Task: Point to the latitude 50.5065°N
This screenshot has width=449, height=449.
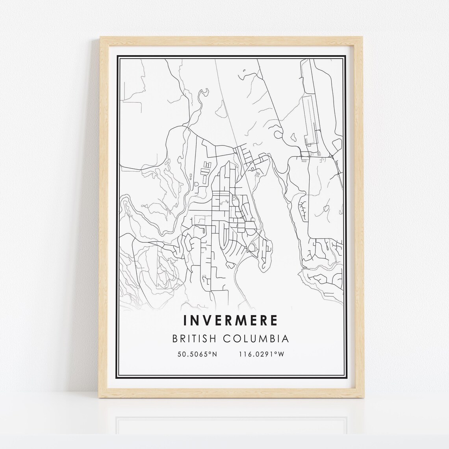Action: tap(197, 354)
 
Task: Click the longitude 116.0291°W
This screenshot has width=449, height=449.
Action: tap(262, 354)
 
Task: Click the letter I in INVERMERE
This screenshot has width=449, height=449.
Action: tap(185, 320)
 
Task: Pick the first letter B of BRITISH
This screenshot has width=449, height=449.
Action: tap(175, 339)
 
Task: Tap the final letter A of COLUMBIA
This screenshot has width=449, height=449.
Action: tap(286, 339)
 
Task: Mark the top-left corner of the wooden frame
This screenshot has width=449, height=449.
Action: tap(100, 37)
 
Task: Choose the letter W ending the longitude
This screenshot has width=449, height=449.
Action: tap(281, 354)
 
